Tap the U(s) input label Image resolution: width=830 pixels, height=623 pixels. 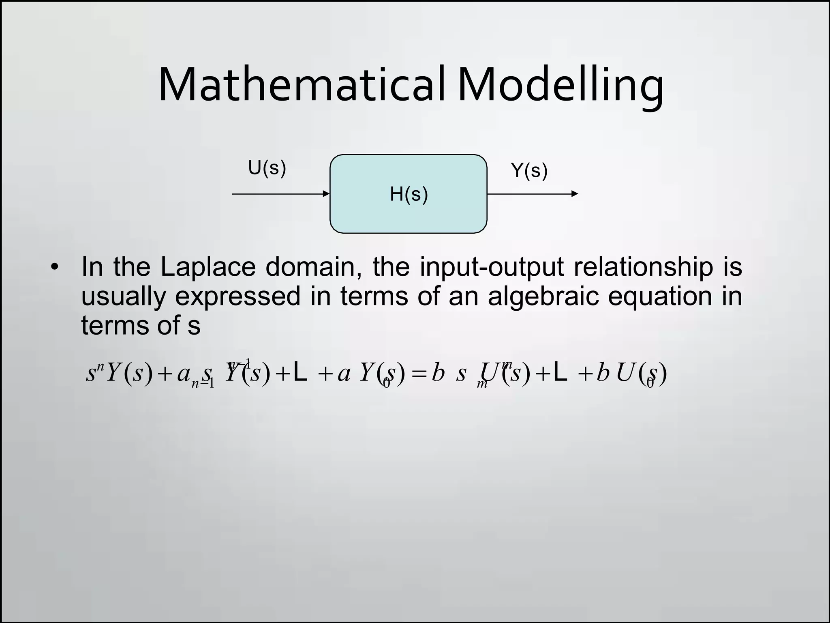point(267,168)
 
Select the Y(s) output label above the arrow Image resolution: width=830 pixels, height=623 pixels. point(529,170)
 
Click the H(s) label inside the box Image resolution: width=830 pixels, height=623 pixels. point(409,194)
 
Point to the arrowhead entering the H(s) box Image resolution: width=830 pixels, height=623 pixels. point(326,194)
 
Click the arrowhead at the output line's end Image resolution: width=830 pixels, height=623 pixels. point(575,194)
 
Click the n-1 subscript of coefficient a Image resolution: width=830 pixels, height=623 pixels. point(203,382)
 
